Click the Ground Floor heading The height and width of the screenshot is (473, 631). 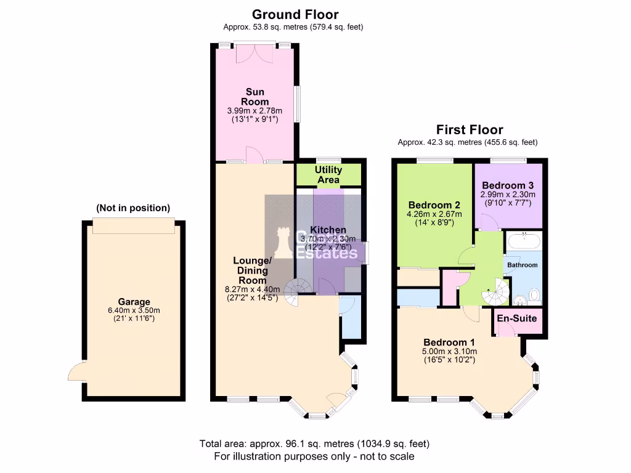tap(295, 14)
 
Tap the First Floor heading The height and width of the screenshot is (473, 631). tap(470, 130)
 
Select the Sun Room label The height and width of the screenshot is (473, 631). tap(254, 97)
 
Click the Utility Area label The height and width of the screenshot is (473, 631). tap(328, 174)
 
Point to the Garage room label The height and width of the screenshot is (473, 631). tap(134, 302)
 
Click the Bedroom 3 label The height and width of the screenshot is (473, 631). tap(507, 185)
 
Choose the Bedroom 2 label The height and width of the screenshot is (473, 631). tap(434, 205)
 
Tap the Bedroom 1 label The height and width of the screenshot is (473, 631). tap(449, 342)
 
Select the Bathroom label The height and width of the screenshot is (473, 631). tap(523, 265)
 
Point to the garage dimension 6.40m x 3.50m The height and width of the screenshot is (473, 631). tap(134, 310)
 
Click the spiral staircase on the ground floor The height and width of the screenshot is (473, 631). tap(303, 290)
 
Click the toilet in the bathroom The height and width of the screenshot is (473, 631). tap(534, 294)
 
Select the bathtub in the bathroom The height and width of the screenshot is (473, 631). tap(523, 241)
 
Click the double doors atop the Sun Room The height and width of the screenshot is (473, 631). tap(255, 53)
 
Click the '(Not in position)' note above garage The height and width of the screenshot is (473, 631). tap(133, 208)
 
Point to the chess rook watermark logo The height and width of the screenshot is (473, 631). tap(283, 241)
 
